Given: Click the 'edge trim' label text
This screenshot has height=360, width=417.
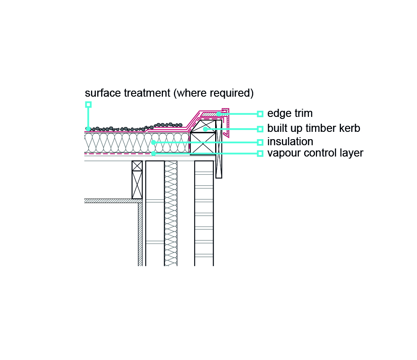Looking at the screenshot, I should point(290,113).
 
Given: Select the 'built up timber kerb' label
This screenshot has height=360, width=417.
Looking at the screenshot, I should point(313,129).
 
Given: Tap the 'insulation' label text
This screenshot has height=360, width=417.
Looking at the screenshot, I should point(290,142).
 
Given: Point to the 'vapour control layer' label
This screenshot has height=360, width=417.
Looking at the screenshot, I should point(315,153).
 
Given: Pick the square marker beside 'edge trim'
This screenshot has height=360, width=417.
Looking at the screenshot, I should point(260,114).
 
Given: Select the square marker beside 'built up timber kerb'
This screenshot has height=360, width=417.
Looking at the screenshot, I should point(260,129).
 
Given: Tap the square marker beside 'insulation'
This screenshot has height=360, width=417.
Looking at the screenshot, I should point(260,142).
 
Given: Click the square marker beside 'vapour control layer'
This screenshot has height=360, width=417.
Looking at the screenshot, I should point(260,153).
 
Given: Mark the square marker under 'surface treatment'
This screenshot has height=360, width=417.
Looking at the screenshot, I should point(88,104).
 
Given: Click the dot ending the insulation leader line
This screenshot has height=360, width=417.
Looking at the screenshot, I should point(153,142).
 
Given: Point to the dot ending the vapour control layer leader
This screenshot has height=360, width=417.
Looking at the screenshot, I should point(153,153).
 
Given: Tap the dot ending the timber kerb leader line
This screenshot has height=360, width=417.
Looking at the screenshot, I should point(205,129).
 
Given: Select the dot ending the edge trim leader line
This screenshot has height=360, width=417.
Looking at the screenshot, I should point(218,114).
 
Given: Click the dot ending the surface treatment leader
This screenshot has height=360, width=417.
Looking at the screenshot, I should point(88,129).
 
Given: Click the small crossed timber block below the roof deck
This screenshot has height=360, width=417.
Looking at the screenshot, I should point(137,166).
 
